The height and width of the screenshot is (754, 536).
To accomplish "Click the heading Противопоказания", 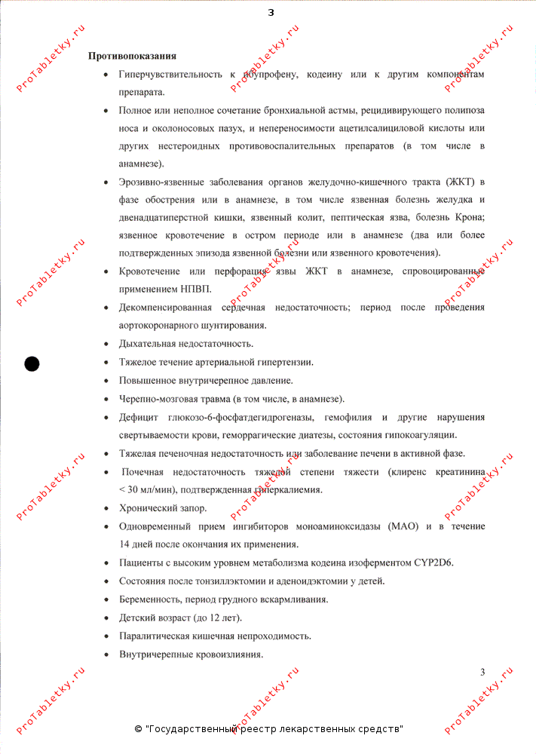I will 133,56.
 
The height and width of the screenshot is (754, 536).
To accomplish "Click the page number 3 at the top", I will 271,11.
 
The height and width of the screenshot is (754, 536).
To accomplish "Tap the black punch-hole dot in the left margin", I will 32,363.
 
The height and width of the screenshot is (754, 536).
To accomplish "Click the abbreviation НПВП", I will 196,289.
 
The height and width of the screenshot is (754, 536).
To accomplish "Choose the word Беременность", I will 149,599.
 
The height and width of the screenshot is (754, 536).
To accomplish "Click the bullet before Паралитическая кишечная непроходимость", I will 105,636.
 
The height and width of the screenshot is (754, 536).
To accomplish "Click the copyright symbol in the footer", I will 138,729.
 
